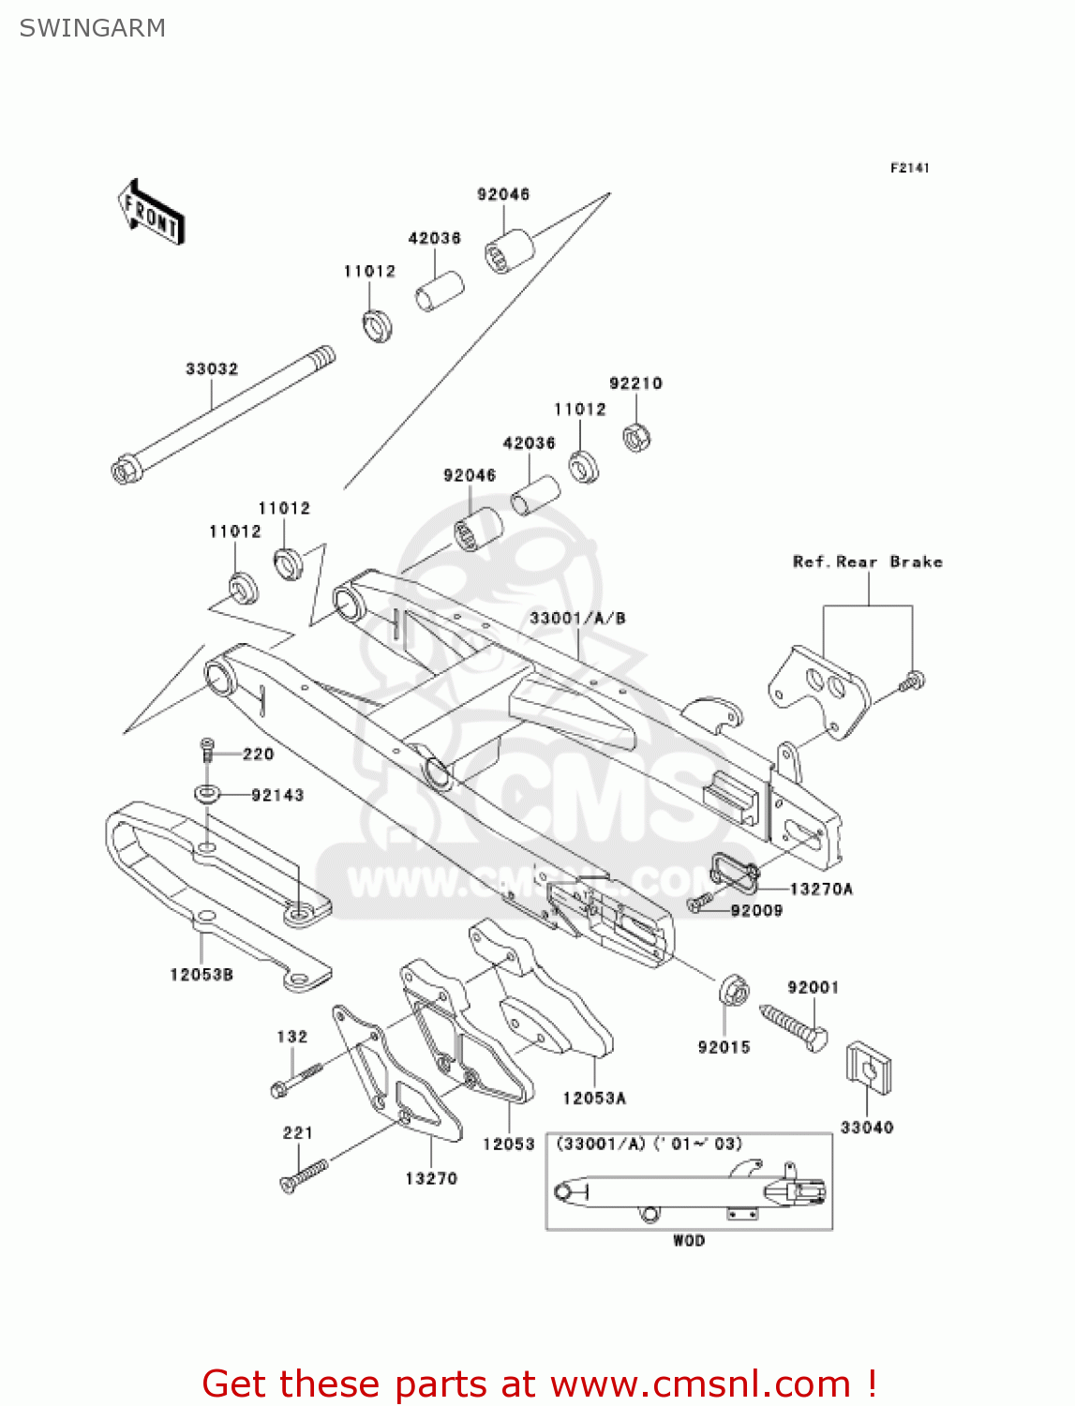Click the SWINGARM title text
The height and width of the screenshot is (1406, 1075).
(x=92, y=28)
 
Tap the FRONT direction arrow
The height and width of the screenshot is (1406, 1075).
(x=151, y=213)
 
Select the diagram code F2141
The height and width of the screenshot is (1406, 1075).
(x=909, y=168)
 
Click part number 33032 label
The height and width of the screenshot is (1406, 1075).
(x=212, y=369)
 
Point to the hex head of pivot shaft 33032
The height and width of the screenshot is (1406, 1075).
(x=124, y=470)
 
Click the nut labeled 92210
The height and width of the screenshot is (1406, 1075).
(x=637, y=437)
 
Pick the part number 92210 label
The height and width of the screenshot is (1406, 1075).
(x=635, y=383)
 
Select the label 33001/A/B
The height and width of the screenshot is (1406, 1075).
(x=577, y=619)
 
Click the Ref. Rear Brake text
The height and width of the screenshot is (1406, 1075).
(x=867, y=562)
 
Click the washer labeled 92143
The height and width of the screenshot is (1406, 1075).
(x=207, y=795)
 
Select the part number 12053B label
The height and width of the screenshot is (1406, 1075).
(x=201, y=975)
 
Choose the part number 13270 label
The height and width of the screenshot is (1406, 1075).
(x=431, y=1179)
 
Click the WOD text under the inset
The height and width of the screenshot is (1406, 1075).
(x=689, y=1241)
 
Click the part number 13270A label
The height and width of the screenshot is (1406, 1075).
(x=821, y=890)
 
